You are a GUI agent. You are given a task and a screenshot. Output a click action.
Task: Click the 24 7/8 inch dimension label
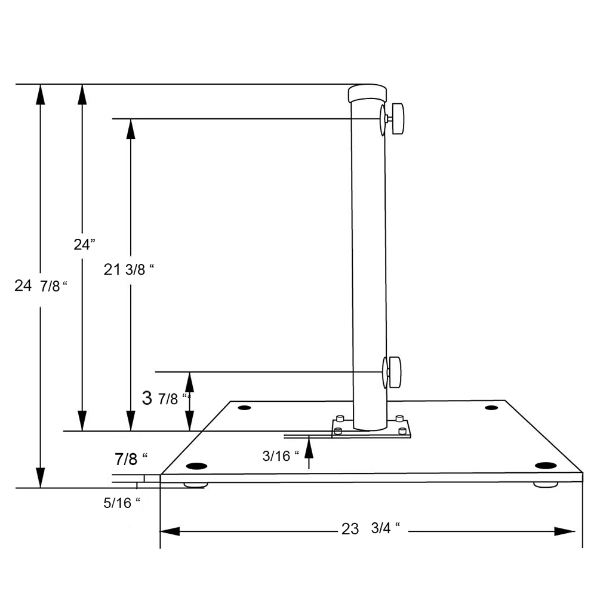point(39,286)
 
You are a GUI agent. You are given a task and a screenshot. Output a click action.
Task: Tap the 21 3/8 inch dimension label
point(129,270)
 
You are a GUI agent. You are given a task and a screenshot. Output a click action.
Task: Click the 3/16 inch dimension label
point(281,456)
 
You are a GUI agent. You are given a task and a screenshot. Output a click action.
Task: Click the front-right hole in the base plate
point(545,465)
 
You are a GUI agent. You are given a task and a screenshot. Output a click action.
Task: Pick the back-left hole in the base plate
point(244,408)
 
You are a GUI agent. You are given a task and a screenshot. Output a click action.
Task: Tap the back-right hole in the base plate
point(491,407)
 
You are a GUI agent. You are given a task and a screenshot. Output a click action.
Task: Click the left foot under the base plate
point(195,485)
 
